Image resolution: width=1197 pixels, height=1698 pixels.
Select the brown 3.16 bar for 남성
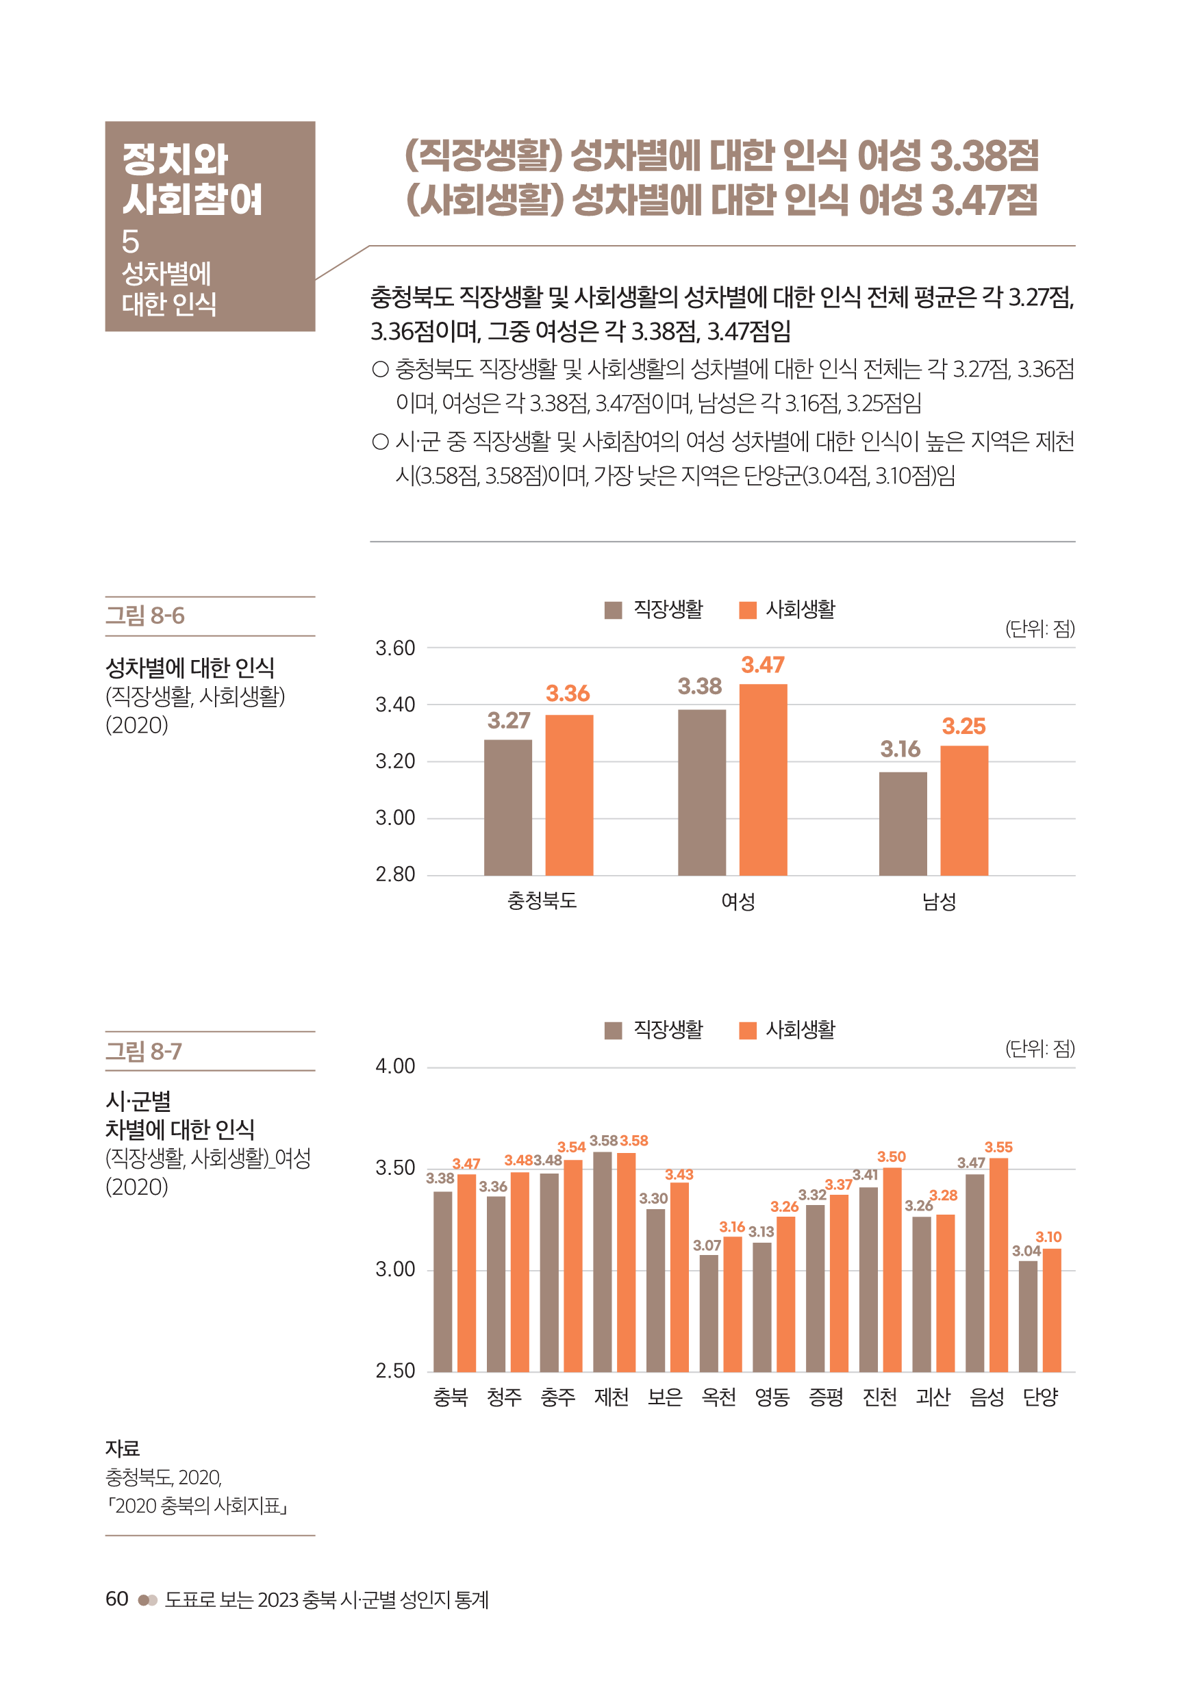coord(903,823)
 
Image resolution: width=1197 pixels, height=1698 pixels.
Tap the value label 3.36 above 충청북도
coord(568,694)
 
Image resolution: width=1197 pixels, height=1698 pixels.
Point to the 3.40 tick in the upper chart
coord(395,705)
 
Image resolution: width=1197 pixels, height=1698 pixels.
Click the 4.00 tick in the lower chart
coord(395,1067)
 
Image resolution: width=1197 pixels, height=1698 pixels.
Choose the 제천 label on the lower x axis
coord(611,1396)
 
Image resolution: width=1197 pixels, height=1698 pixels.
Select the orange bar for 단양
coord(1051,1310)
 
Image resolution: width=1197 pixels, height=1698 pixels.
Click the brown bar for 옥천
coord(709,1313)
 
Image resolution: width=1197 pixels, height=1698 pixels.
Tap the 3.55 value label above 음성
coord(998,1147)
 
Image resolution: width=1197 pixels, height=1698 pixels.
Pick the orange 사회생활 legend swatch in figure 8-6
coord(747,610)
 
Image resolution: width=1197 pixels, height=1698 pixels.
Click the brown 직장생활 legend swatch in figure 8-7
coord(613,1030)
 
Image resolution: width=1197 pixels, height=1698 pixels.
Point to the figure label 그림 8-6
coord(145,616)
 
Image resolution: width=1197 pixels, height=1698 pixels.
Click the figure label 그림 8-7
coord(144,1051)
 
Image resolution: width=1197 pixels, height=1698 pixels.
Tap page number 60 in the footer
coord(117,1598)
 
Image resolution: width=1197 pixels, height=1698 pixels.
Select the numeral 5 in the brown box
coord(130,241)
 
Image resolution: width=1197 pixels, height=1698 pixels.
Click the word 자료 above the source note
coord(123,1448)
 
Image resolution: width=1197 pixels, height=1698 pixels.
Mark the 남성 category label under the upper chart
coord(939,901)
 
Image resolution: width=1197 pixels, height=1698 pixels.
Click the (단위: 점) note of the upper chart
coord(1039,629)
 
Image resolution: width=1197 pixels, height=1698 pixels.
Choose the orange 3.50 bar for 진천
coord(892,1269)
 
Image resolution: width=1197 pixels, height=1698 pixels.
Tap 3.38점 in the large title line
coord(983,156)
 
